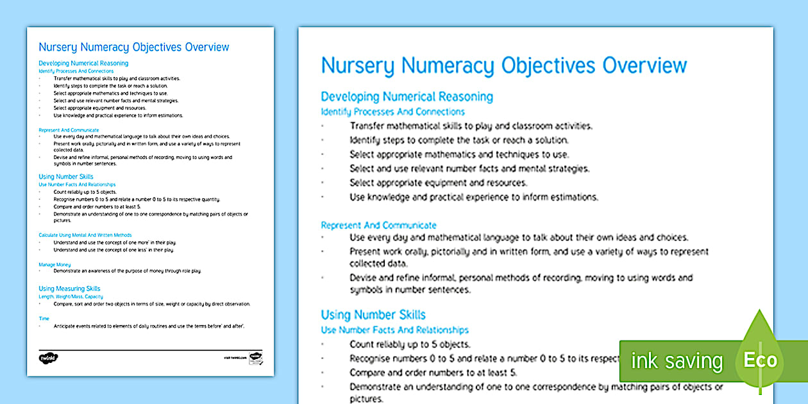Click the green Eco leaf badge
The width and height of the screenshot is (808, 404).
pos(760,359)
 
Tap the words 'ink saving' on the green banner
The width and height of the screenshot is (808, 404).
pos(677,361)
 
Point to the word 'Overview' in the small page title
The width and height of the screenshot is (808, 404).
pos(206,47)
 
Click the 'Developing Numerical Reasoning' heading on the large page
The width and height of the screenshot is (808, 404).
pos(407,97)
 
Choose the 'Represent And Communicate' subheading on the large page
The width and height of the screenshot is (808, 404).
pos(378,225)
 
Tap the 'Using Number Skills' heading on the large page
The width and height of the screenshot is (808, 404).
pos(373,315)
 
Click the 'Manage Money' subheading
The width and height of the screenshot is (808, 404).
pos(55,264)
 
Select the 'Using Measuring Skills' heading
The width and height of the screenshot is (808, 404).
pos(69,289)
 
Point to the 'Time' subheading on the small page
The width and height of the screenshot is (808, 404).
pos(44,318)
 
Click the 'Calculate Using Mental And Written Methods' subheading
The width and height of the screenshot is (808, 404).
pos(85,235)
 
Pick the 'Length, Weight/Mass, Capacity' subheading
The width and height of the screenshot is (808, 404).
pos(71,296)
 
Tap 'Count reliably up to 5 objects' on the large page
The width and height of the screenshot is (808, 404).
pos(410,344)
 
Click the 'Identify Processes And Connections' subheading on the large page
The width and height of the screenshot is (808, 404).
pos(392,112)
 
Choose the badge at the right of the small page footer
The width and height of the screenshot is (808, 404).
pos(256,357)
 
